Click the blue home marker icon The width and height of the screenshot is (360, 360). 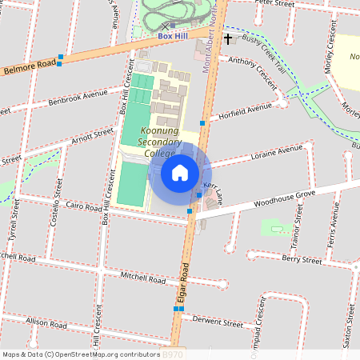180,172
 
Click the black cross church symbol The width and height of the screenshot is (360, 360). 228,38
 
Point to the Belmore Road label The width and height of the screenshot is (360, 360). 27,70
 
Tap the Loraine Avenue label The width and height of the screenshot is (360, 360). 277,151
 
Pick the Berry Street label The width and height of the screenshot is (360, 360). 302,259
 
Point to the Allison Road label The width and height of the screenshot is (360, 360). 46,323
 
